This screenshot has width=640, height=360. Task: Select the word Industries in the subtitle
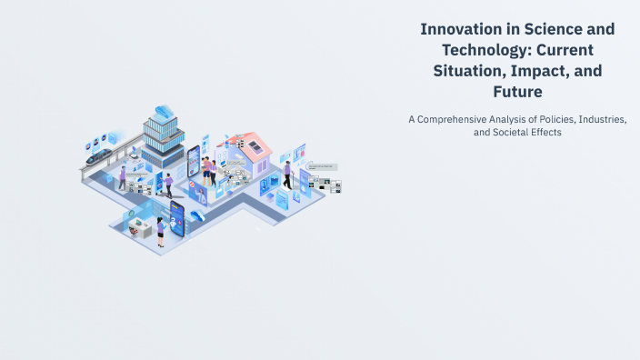tap(601, 118)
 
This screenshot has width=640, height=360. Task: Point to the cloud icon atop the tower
tap(164, 111)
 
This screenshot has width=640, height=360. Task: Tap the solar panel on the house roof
tap(258, 145)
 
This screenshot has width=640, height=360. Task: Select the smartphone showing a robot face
tap(175, 219)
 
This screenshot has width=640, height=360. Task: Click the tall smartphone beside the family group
tap(193, 164)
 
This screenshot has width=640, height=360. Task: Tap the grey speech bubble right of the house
tap(322, 167)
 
